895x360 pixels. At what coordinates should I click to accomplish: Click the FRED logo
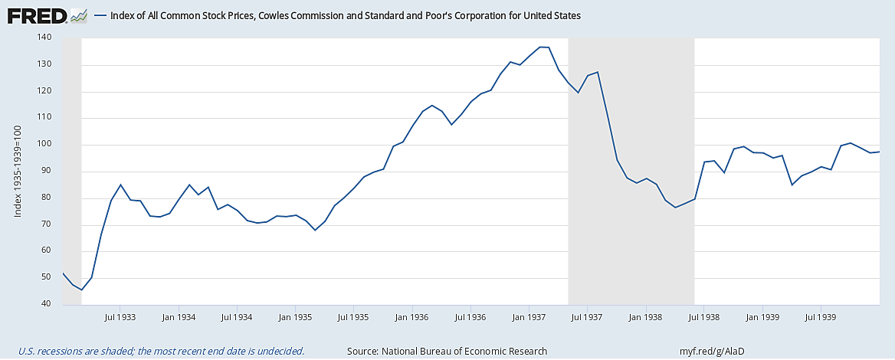point(35,15)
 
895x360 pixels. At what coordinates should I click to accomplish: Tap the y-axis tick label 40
point(46,304)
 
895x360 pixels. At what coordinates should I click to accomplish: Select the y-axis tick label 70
point(46,224)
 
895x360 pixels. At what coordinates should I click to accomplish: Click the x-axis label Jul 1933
point(120,316)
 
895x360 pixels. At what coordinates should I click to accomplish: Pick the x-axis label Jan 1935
point(295,316)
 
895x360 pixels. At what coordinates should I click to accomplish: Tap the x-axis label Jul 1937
point(587,316)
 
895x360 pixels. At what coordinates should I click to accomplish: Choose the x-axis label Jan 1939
point(762,316)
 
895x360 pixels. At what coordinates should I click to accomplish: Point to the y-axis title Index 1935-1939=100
point(17,171)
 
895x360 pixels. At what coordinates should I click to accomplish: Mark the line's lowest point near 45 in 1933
point(81,290)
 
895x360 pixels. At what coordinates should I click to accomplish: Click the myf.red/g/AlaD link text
point(712,351)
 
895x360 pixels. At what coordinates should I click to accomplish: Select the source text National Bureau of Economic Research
point(447,351)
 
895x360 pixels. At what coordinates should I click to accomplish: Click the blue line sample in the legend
point(100,15)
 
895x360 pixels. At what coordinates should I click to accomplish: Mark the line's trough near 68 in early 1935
point(314,230)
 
